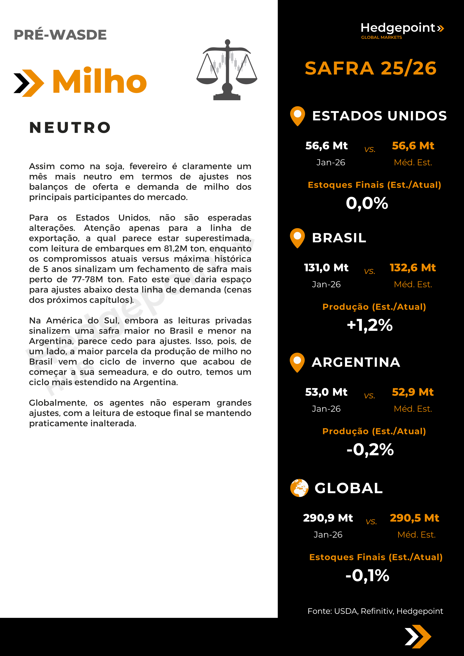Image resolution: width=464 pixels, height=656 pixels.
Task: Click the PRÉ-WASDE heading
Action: pos(60,35)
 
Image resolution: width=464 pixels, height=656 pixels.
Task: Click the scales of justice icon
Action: pos(227,70)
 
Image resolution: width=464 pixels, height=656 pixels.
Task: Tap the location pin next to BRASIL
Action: pos(297,238)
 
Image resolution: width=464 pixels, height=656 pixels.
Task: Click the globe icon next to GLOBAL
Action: pos(299,488)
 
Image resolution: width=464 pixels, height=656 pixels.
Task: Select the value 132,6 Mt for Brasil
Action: pos(413,268)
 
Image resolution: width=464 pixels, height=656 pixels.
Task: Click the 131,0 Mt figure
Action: pos(326,268)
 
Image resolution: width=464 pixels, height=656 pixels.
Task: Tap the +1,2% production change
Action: pos(370,325)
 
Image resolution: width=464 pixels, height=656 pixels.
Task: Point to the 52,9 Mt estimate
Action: pos(413,392)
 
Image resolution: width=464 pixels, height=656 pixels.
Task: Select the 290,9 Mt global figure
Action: pos(328,518)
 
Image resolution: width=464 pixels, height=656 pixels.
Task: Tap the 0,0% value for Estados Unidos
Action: pos(367,203)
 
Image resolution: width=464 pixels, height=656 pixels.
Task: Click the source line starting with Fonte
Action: pos(375,611)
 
